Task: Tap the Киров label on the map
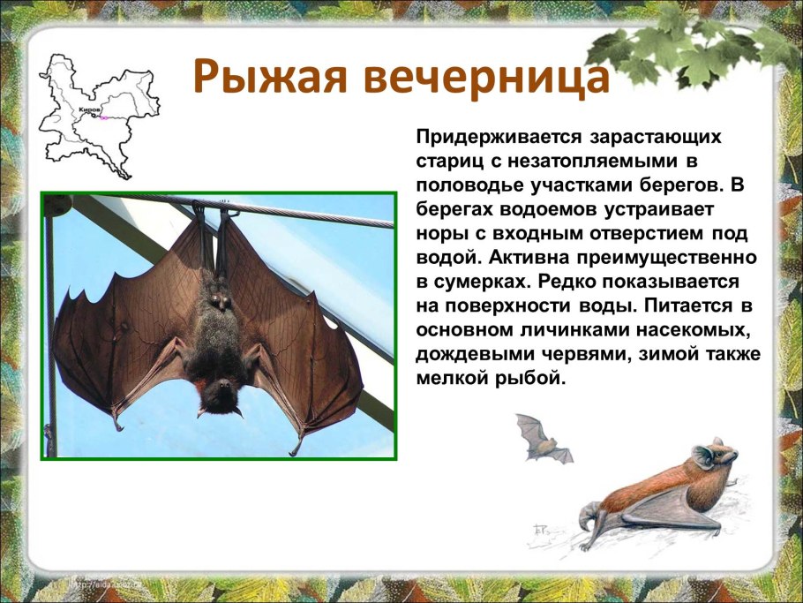click(89, 110)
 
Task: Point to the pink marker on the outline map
click(104, 117)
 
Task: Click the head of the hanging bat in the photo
click(218, 394)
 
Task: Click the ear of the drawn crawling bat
click(703, 455)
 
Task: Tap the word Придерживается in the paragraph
click(493, 138)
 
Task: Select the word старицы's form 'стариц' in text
click(444, 162)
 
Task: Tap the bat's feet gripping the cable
click(211, 215)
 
